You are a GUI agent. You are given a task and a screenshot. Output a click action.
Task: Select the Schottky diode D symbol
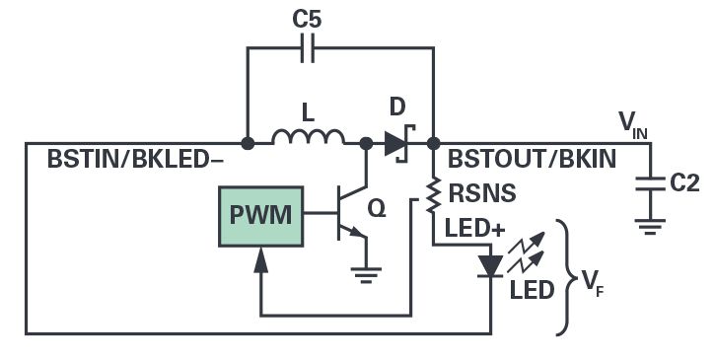coord(396,143)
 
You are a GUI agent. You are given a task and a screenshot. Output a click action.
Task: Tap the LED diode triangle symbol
coord(490,266)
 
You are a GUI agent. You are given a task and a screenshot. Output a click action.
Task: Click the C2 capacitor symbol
coord(650,183)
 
